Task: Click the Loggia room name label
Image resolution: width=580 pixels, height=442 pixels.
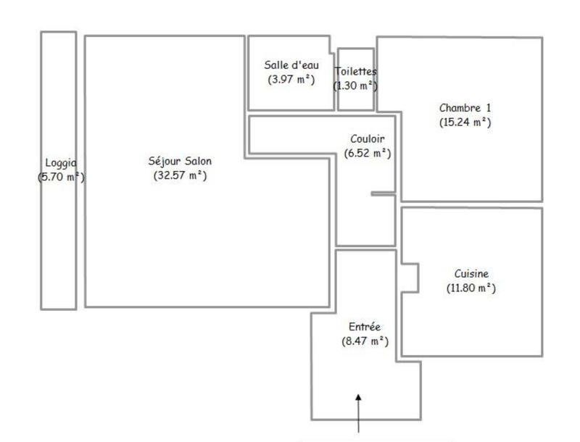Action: (x=61, y=163)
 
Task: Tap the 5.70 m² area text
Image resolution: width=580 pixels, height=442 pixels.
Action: (x=61, y=176)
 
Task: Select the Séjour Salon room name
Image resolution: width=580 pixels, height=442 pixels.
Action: (x=180, y=161)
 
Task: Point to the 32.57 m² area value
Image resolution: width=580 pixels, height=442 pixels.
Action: (x=180, y=175)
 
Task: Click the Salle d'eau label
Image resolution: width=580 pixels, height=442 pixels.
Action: (x=291, y=65)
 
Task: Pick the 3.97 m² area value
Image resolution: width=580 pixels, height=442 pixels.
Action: (x=291, y=79)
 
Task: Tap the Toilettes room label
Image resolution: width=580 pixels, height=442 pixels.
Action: (x=355, y=71)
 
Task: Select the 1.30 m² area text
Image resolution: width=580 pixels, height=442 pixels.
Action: (x=355, y=85)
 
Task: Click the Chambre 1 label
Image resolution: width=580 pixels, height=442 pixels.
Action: (x=465, y=108)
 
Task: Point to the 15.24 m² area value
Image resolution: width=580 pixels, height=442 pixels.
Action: (x=465, y=122)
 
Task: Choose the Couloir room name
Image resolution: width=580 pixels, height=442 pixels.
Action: (x=367, y=139)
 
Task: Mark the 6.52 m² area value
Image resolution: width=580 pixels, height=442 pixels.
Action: (x=367, y=153)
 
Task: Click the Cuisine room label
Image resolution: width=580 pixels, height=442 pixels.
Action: (x=471, y=274)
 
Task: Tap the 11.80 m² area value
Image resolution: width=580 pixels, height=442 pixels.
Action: (x=471, y=288)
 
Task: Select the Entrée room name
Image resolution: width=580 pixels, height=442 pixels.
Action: (x=365, y=327)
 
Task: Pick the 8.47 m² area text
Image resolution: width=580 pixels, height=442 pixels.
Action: (x=365, y=341)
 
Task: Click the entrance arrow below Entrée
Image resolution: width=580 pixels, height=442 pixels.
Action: (x=359, y=409)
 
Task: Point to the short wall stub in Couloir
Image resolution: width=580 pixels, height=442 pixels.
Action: (x=384, y=193)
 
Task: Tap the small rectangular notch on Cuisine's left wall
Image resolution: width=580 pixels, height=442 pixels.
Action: (x=410, y=278)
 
